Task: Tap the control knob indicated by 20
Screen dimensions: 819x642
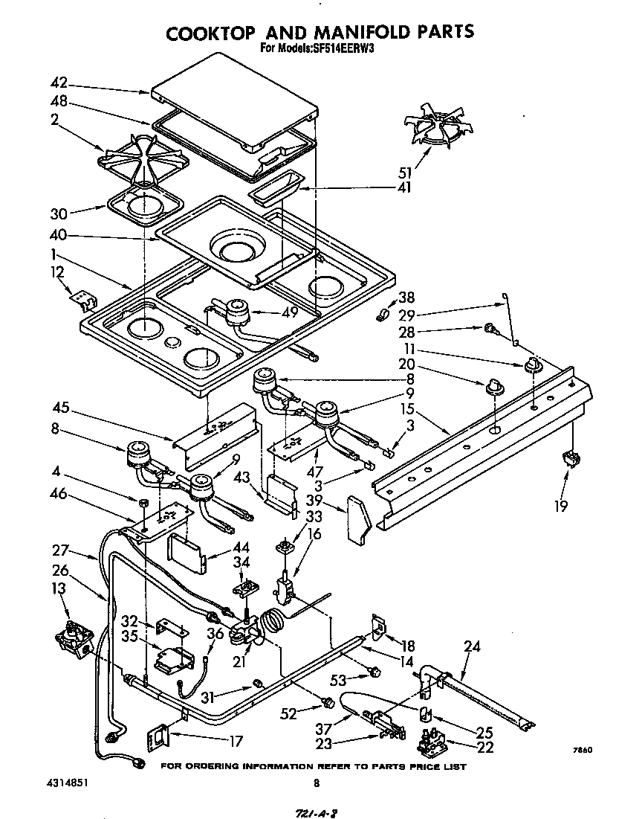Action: [x=492, y=388]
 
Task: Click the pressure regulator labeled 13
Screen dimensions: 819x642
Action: [x=73, y=641]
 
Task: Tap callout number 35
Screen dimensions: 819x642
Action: [x=130, y=637]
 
